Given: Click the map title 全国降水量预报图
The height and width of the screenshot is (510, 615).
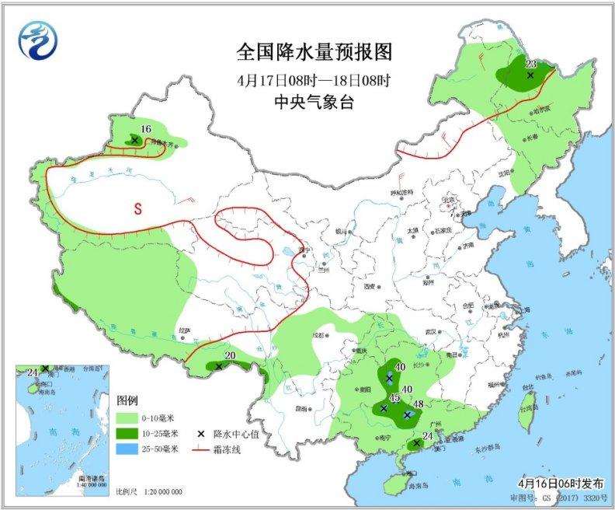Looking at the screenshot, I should (314, 52).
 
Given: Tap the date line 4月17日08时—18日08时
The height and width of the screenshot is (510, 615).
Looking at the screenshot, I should (314, 80).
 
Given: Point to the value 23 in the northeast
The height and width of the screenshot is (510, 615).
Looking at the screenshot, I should (531, 65).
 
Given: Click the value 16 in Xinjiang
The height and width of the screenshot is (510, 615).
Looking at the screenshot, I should (145, 129).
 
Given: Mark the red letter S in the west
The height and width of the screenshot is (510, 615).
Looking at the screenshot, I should (137, 209).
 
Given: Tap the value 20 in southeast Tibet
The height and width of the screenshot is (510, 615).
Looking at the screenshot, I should (229, 356).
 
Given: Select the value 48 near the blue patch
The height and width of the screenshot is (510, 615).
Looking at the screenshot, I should (418, 403).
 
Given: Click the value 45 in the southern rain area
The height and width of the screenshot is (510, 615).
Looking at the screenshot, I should (394, 398).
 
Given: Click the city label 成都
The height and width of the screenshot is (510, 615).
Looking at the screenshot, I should (318, 335).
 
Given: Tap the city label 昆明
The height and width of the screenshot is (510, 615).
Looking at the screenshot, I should (301, 408).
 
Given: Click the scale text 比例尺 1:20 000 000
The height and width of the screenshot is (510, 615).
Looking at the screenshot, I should (149, 492).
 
